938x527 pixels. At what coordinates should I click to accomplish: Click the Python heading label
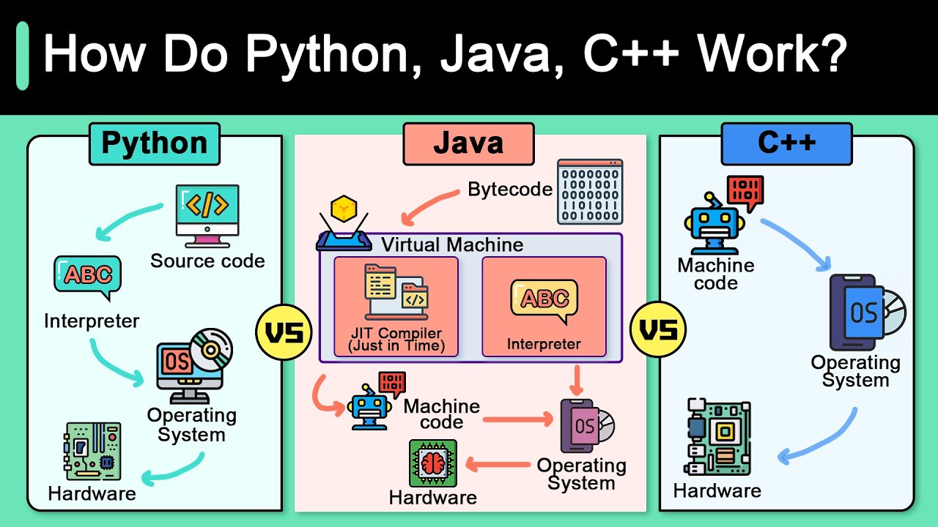[154, 143]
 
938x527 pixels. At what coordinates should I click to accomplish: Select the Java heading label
[468, 143]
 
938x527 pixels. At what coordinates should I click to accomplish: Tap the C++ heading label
[786, 143]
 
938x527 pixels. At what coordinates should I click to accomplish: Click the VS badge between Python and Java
[284, 333]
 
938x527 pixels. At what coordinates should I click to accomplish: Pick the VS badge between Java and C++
[658, 332]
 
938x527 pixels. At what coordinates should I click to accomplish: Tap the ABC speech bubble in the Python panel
[87, 277]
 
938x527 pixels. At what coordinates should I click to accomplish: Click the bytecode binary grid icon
[590, 191]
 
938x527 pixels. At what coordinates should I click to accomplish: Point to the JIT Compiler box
[396, 307]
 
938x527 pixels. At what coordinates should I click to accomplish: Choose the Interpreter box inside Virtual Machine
[544, 307]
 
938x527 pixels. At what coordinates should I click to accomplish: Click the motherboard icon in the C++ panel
[718, 438]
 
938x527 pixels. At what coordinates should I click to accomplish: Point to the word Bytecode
[510, 190]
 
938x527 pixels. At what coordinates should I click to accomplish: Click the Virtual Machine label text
[452, 244]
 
